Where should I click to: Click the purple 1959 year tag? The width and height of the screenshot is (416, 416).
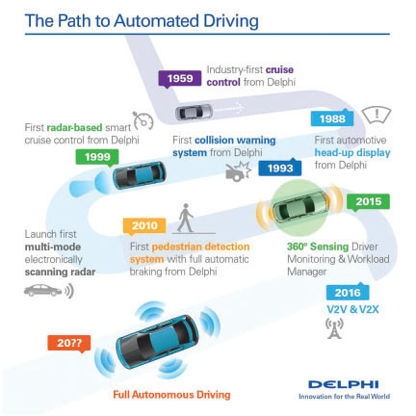tap(180, 79)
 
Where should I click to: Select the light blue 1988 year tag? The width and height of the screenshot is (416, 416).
tap(332, 118)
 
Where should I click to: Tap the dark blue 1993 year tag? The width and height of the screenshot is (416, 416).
tap(280, 168)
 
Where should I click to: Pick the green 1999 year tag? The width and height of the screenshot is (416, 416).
tap(97, 157)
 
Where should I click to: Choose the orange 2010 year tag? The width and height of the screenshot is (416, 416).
tap(144, 225)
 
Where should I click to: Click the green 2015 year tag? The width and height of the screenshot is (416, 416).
tap(368, 202)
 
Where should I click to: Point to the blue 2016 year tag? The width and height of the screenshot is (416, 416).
tap(348, 292)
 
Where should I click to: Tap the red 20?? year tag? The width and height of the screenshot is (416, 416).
tap(69, 343)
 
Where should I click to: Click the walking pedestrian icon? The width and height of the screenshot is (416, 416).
tap(185, 218)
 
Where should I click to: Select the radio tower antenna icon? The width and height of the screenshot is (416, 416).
tap(334, 328)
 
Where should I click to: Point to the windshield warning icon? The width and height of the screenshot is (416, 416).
tap(377, 116)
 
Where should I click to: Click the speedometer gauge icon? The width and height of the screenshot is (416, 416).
tap(143, 120)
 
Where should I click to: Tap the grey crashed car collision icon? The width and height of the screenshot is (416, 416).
tap(238, 171)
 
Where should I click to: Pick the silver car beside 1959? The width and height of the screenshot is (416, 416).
tap(194, 112)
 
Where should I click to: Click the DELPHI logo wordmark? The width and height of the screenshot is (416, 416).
tap(344, 384)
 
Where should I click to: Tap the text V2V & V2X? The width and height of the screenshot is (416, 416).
tap(352, 309)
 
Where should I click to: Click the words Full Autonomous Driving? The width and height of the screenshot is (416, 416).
tap(171, 395)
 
